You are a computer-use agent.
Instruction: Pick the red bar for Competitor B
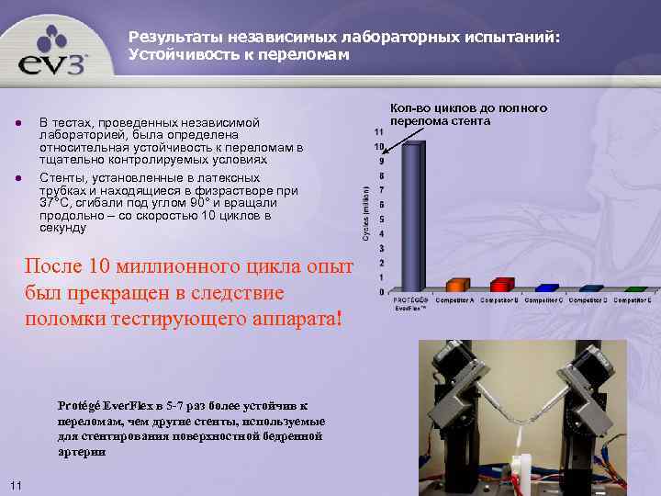click(502, 284)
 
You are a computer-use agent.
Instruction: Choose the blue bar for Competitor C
click(547, 287)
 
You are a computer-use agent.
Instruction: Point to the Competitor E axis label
click(633, 300)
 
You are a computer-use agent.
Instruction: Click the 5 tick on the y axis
click(379, 220)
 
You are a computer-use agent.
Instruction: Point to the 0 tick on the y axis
click(380, 292)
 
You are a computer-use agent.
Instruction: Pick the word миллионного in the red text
click(189, 267)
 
